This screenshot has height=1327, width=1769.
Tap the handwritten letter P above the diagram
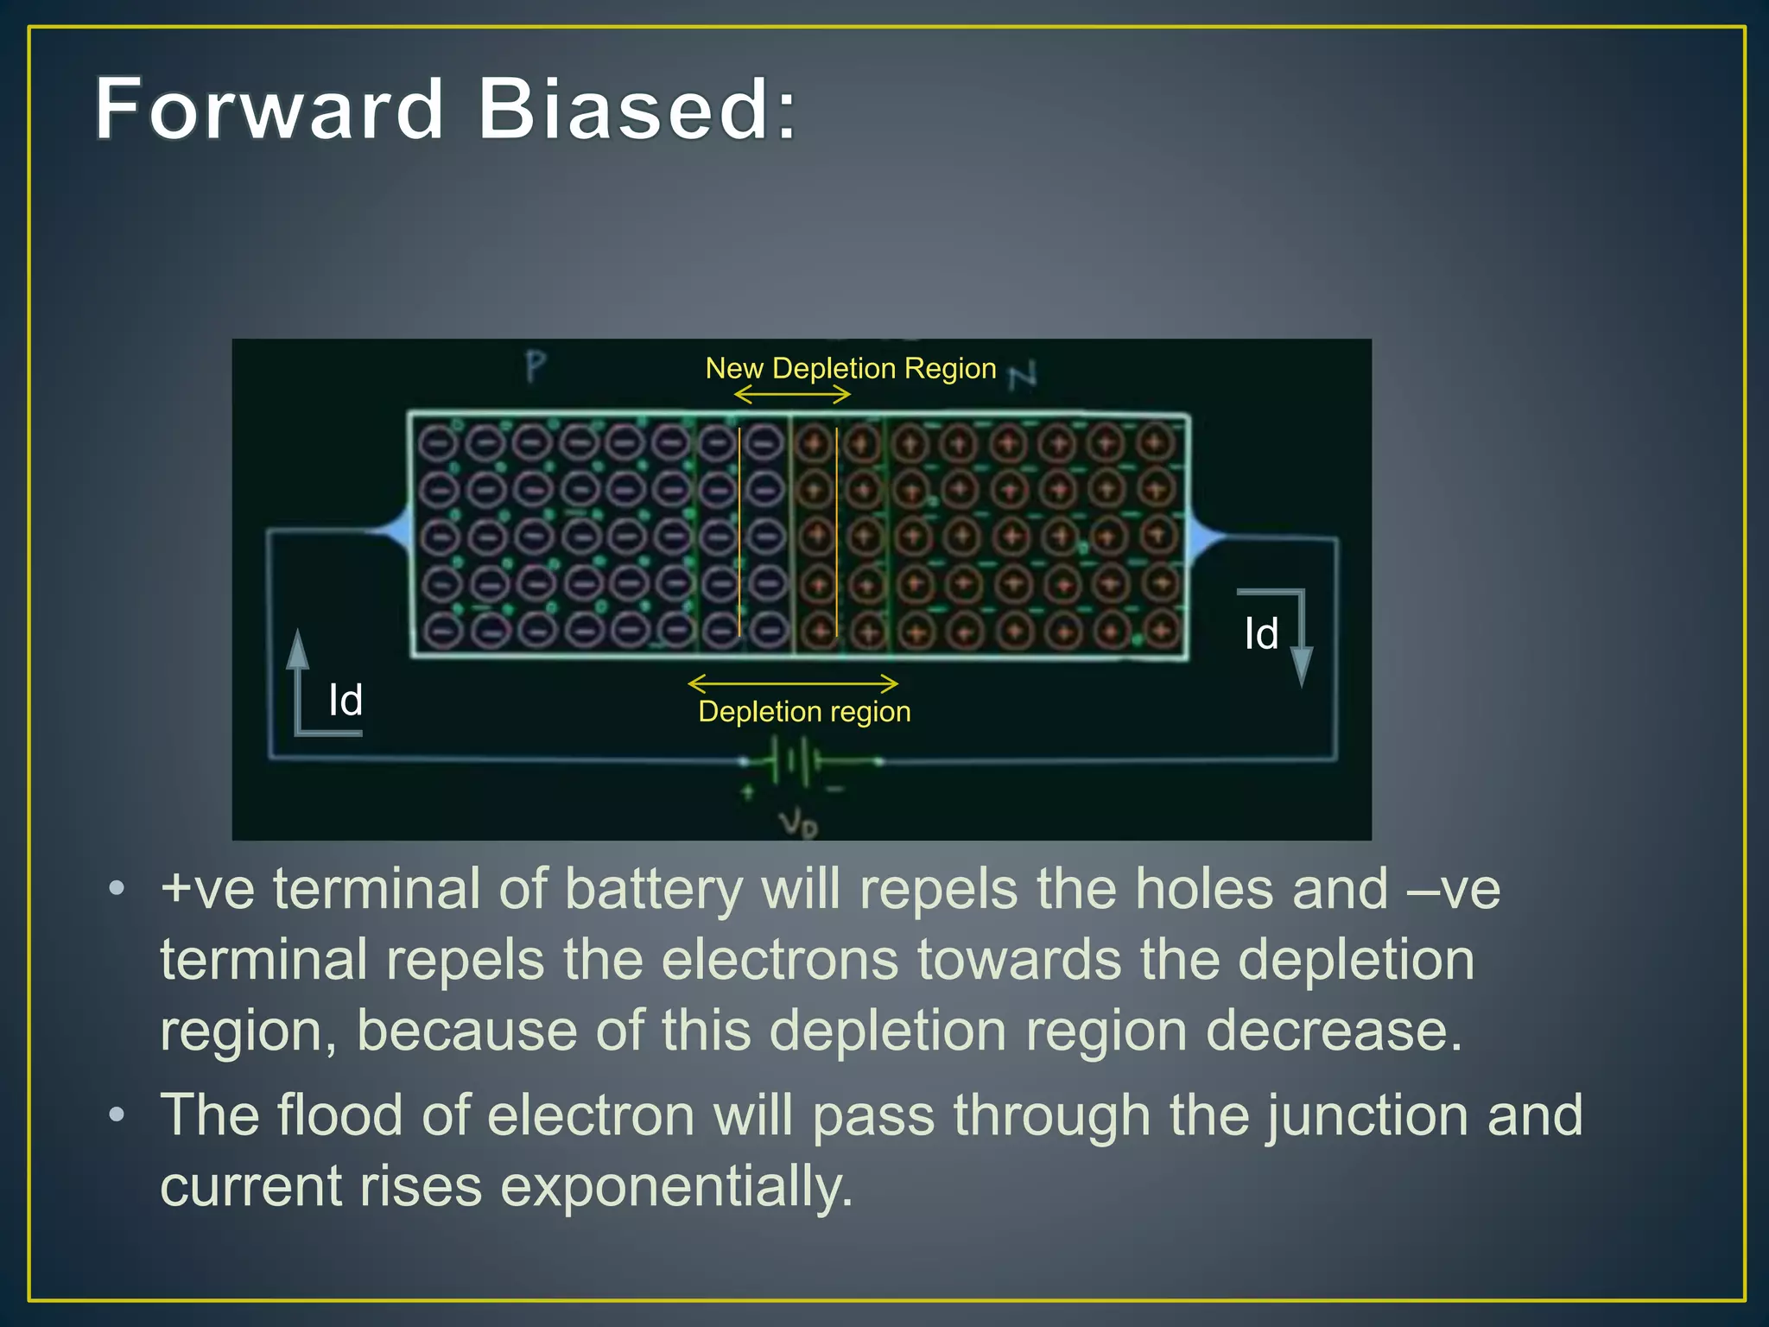[536, 367]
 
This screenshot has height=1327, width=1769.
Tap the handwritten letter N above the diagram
[1023, 374]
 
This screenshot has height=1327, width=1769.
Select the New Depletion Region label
[850, 368]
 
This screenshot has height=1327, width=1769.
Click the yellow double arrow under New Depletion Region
[792, 395]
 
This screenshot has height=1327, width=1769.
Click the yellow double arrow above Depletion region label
[793, 683]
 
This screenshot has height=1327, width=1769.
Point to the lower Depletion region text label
[804, 712]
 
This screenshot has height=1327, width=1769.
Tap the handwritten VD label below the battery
[798, 822]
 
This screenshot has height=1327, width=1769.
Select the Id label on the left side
[346, 700]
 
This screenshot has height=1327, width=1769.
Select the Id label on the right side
[1261, 633]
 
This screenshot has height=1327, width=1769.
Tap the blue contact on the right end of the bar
[1202, 537]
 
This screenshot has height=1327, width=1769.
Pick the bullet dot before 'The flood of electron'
[117, 1114]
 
